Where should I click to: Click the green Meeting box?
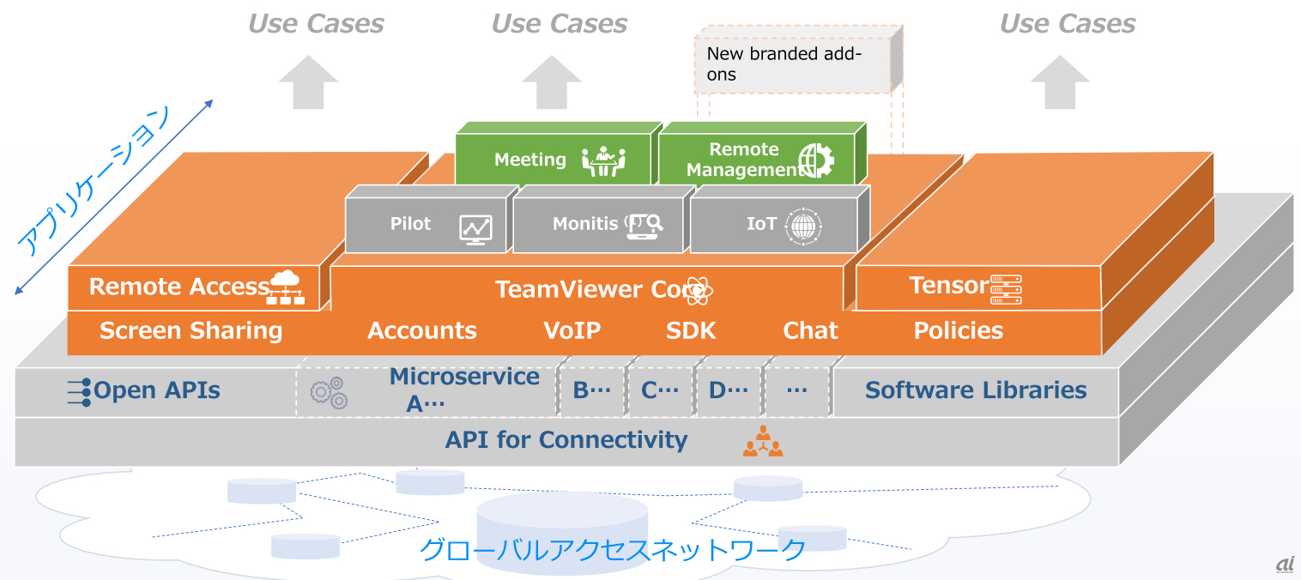[x=553, y=160]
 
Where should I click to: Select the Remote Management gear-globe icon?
[x=815, y=160]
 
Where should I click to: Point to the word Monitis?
[x=585, y=224]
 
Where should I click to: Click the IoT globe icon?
[x=802, y=225]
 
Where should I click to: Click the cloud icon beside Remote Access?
[x=287, y=287]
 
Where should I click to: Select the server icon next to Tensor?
[x=1006, y=290]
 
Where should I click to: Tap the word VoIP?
[x=572, y=331]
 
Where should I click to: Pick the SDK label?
[x=690, y=331]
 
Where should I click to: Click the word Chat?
[x=810, y=331]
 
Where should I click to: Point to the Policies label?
[x=958, y=331]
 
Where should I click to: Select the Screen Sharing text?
[x=191, y=331]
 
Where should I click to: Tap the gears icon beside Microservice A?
[x=329, y=392]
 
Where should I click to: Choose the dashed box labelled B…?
[x=591, y=391]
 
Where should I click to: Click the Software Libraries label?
[x=976, y=390]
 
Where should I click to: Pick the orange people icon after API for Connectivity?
[x=762, y=442]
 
